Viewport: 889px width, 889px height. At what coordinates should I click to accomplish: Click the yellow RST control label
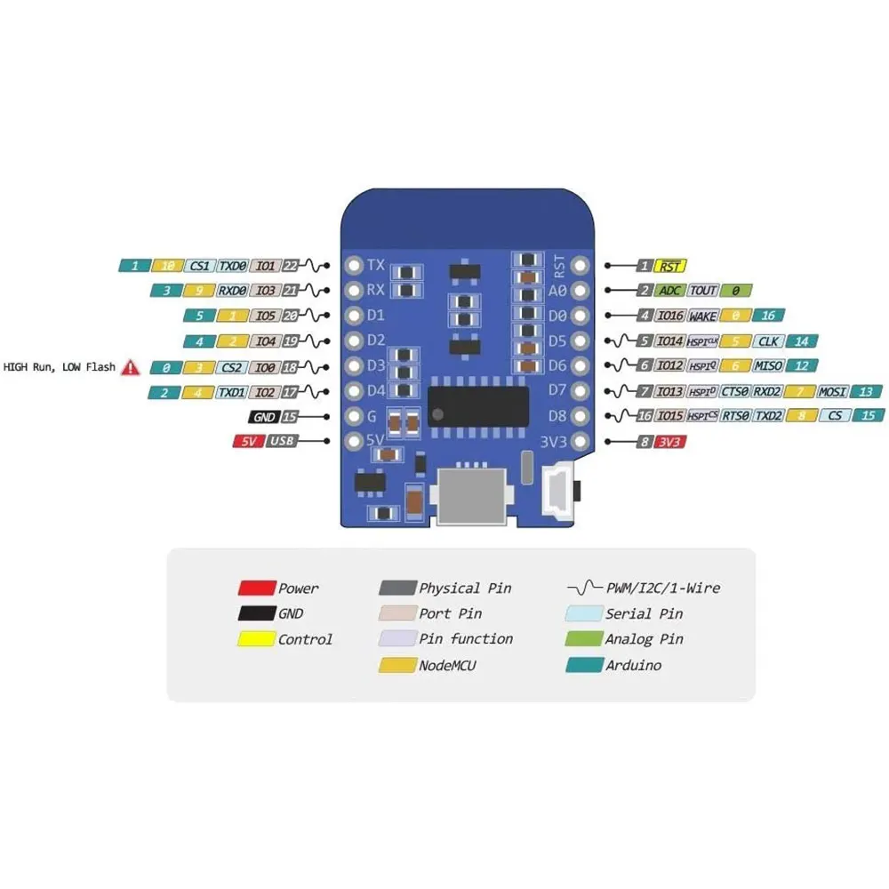tap(670, 266)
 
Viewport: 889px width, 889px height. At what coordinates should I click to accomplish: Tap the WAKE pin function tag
tap(701, 316)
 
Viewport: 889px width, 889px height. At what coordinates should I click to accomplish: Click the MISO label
tap(769, 365)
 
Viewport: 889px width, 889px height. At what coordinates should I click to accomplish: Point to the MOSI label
tap(833, 391)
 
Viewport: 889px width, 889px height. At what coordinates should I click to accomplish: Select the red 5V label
tap(247, 441)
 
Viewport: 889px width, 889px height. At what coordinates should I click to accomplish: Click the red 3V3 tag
tap(669, 441)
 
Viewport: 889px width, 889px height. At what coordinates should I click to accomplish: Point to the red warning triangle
tap(132, 365)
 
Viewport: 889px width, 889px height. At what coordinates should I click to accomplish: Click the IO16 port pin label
tap(669, 316)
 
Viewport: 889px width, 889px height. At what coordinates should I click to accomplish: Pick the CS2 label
tap(232, 366)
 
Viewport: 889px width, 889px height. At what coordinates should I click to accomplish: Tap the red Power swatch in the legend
tap(255, 588)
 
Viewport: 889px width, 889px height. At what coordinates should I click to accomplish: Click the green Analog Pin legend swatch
tap(582, 639)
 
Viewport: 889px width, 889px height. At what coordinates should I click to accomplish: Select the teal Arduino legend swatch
tap(582, 665)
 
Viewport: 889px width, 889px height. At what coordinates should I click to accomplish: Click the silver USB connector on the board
tap(473, 497)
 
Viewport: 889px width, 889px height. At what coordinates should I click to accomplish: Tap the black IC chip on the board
tap(478, 404)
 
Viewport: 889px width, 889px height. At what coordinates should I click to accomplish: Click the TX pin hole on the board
tap(353, 265)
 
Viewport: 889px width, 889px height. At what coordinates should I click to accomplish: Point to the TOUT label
tap(703, 291)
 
